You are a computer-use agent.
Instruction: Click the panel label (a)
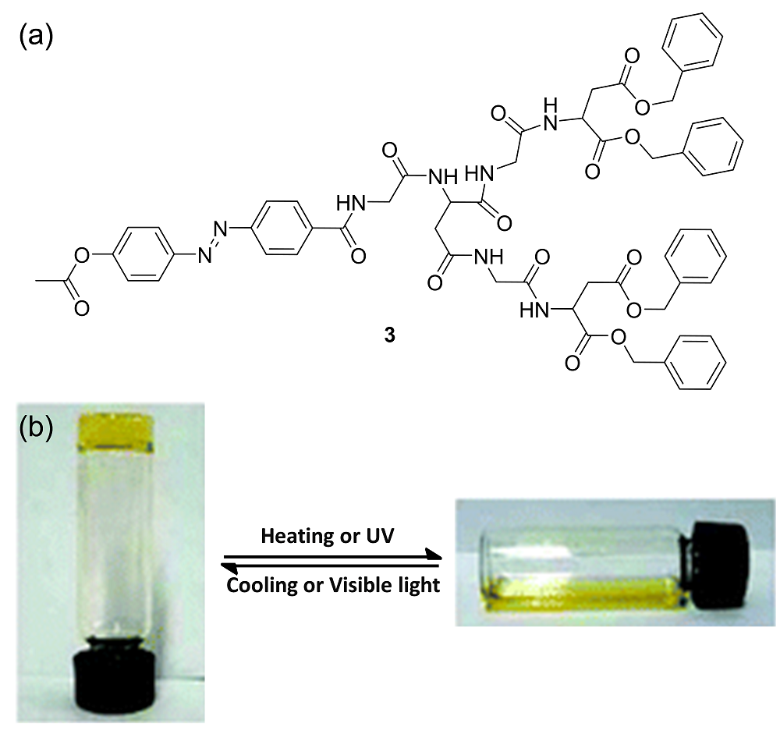pyautogui.click(x=35, y=36)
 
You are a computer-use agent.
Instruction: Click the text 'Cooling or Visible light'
pyautogui.click(x=333, y=585)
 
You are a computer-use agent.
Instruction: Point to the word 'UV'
pyautogui.click(x=381, y=537)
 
